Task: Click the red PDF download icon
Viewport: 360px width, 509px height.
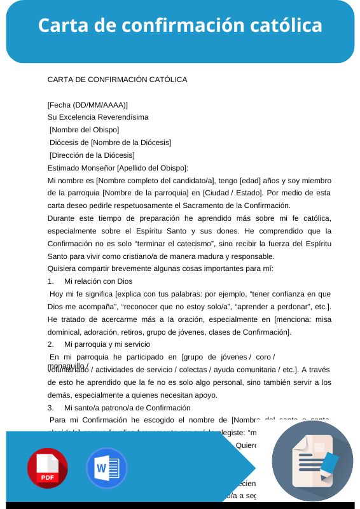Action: click(47, 468)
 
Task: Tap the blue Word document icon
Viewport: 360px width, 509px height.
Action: click(107, 468)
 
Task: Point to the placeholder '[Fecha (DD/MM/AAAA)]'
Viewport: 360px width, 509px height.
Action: click(88, 104)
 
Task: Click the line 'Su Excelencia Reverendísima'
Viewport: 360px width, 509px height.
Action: click(98, 117)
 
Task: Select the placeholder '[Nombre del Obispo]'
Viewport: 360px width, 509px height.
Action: click(84, 130)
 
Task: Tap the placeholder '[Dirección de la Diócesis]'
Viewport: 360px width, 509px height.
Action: click(92, 155)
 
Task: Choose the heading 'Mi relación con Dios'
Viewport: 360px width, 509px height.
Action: click(99, 281)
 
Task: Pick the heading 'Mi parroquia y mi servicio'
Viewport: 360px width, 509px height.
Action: click(108, 344)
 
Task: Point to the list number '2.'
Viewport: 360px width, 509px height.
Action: click(52, 344)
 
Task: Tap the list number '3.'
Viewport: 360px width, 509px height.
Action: click(52, 407)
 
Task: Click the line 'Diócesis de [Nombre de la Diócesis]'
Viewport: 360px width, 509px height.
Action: click(110, 143)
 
